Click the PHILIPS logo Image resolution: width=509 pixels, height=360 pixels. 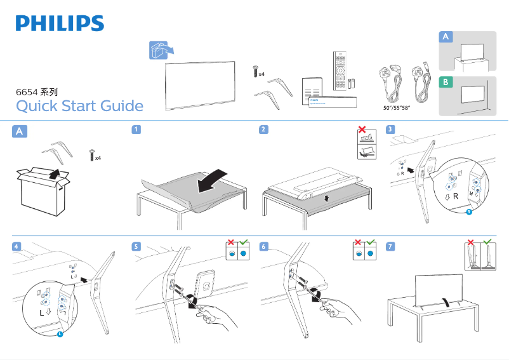click(60, 24)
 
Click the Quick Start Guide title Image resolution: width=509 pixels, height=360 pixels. click(79, 105)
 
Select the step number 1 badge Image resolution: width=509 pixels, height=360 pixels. click(136, 130)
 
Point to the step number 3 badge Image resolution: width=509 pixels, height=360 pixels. click(391, 130)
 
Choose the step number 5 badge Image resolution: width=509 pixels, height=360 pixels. click(136, 246)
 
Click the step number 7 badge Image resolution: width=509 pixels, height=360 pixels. click(391, 246)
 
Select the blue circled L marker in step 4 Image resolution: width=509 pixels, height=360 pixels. click(60, 334)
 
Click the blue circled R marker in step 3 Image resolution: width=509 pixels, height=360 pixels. click(469, 212)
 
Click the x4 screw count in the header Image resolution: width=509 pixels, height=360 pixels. click(261, 74)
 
